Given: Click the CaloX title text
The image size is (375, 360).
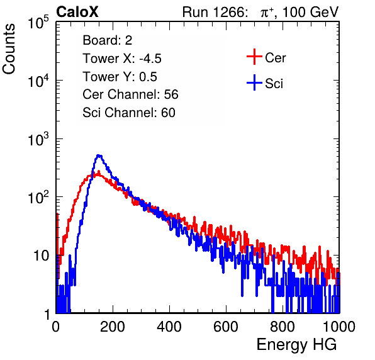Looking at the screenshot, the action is [x=77, y=12].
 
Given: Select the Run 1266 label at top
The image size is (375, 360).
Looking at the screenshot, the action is [x=215, y=12].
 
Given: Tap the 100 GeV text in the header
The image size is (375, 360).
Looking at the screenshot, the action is [x=310, y=12].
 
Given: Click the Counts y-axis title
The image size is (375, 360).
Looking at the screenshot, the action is [x=9, y=49].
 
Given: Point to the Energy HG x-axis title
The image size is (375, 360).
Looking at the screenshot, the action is [x=297, y=345].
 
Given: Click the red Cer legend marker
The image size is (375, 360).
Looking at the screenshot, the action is [x=254, y=57].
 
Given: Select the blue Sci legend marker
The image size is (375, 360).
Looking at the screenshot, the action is [x=254, y=83].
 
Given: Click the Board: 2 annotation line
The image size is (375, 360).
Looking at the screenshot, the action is [x=108, y=40].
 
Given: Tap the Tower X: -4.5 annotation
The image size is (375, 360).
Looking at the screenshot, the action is [x=122, y=59].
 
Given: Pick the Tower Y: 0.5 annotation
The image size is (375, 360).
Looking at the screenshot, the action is [x=120, y=77].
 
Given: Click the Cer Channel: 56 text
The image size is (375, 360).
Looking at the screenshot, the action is [x=130, y=94].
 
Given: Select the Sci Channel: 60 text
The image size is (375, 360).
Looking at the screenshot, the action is [x=129, y=113].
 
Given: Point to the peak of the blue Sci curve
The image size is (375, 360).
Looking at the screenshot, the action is [x=99, y=156].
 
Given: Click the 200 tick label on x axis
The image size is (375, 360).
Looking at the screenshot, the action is [x=113, y=326].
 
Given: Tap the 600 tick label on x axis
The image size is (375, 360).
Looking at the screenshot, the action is [x=226, y=326].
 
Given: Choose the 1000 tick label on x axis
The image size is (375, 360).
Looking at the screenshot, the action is [x=339, y=326].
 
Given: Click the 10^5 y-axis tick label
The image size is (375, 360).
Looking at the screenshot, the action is [x=38, y=22].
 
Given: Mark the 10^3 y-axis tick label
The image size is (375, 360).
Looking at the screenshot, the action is [x=38, y=139].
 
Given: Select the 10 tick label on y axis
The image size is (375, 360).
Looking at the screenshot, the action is [x=42, y=256].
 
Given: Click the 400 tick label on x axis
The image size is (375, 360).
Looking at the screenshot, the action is [x=169, y=326].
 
